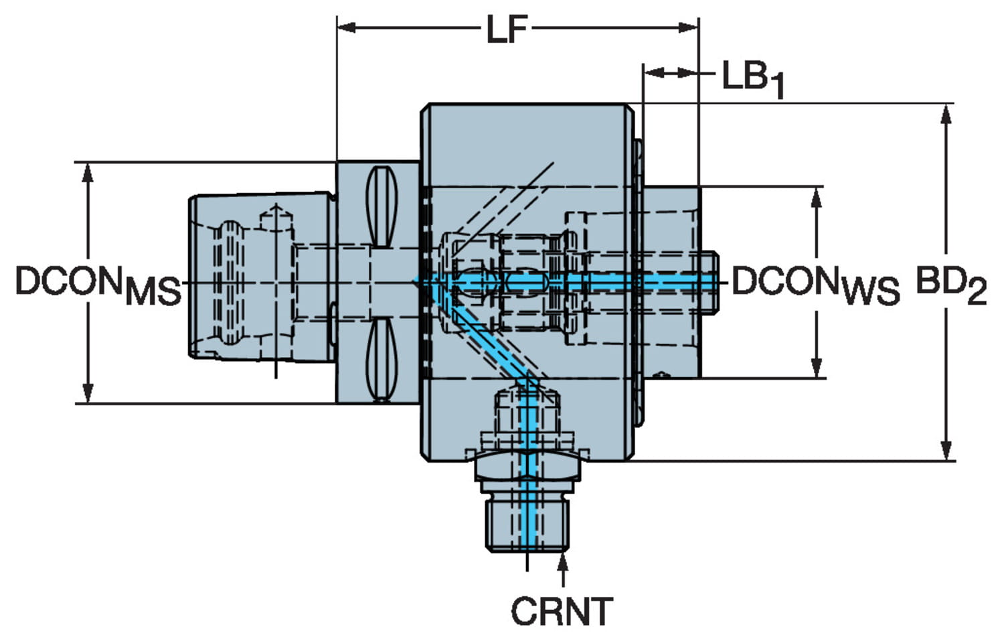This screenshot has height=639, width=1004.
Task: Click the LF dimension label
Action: tap(507, 29)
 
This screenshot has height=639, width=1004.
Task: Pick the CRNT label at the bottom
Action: tap(562, 611)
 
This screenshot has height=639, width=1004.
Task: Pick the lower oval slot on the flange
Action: tap(380, 358)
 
